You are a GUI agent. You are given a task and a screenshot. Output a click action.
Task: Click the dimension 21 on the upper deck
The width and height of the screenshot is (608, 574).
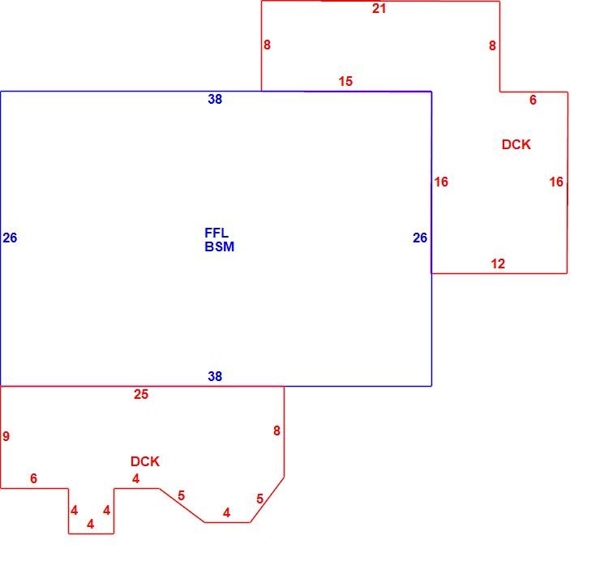[379, 9]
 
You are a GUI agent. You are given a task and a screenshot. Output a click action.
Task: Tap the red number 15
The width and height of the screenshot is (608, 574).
[345, 81]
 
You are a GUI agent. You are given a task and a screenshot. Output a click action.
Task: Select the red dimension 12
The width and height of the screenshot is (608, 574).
[498, 264]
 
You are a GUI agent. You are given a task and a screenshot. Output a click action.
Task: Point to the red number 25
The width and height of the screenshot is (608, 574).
[141, 395]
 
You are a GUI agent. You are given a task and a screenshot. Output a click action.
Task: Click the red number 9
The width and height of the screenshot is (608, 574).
[6, 436]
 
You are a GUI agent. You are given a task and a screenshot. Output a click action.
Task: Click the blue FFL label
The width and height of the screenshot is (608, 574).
[216, 233]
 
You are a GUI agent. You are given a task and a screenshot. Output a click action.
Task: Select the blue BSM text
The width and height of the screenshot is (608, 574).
[220, 246]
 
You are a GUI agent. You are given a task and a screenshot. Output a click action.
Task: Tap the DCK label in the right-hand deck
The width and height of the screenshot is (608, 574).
[516, 144]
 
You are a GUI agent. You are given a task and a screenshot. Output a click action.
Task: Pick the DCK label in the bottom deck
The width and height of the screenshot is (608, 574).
[145, 461]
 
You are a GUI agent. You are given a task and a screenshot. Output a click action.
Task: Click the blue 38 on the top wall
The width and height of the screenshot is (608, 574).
[215, 99]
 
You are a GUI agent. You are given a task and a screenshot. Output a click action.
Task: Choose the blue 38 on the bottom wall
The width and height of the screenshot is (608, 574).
[215, 376]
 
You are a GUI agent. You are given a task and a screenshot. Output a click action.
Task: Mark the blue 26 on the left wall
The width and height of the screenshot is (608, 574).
[10, 238]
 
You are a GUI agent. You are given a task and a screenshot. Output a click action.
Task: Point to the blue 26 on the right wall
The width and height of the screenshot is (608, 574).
[420, 238]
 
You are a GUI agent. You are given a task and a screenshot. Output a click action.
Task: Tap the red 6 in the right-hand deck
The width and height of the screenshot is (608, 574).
[533, 100]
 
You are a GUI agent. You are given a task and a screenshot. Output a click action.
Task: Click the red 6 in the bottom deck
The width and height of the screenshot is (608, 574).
[34, 478]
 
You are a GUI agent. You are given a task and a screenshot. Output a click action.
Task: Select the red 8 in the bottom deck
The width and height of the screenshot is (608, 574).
[277, 430]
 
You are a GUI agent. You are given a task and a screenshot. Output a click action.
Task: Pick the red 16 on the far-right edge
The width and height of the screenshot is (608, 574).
[556, 182]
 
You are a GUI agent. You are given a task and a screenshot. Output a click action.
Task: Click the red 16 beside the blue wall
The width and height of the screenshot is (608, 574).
[441, 182]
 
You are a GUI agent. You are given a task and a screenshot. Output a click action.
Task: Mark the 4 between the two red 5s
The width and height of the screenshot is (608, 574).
[227, 513]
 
